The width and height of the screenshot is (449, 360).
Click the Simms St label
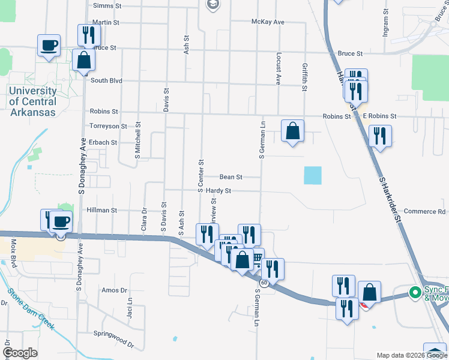[107, 5]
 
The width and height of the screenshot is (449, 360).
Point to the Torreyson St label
[107, 126]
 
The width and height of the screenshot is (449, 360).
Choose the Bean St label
[231, 177]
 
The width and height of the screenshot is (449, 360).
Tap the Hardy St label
[218, 191]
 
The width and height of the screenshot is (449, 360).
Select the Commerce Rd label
[424, 211]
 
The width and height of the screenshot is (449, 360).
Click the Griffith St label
[305, 77]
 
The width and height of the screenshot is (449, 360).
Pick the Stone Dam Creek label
[31, 310]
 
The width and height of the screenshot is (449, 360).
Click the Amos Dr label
[115, 290]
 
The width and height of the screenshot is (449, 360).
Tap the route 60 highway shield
[264, 282]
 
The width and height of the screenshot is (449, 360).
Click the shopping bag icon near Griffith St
[292, 130]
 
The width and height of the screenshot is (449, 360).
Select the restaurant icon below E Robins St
[380, 136]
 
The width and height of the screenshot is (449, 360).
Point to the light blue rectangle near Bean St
[313, 175]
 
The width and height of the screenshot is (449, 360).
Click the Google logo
[20, 353]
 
